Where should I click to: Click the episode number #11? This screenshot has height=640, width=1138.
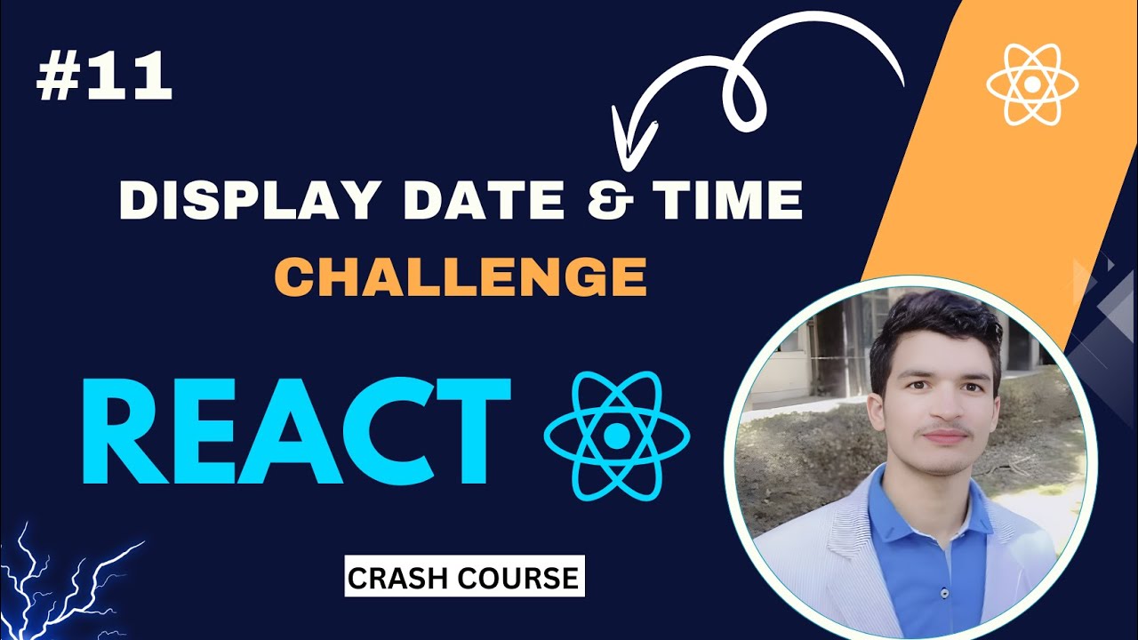104,77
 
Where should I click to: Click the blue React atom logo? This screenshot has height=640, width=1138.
616,435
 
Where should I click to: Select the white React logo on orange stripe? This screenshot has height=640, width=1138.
1031,84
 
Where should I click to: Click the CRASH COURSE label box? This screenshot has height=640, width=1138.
464,577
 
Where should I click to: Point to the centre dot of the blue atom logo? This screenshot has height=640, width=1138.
616,436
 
